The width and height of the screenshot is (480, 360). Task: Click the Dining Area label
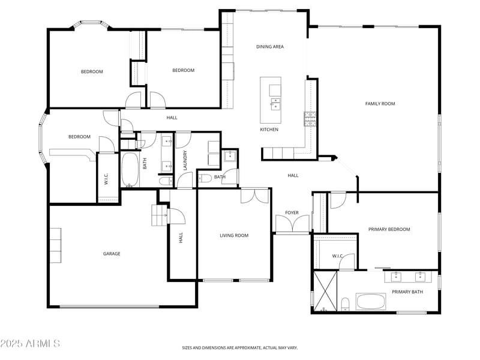pos(270,47)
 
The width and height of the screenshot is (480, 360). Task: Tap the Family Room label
pos(380,104)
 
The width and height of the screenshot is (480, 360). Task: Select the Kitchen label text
pos(269,130)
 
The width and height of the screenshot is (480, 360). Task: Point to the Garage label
pos(112,254)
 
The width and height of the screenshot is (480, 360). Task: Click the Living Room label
pos(234,236)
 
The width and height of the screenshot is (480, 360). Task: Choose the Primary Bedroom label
pos(389,229)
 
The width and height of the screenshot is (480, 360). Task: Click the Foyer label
pos(292,212)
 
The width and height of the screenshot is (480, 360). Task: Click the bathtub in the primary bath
pos(371,301)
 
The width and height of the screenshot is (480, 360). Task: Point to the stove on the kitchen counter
pos(310,119)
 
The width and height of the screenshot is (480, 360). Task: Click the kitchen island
pos(271,98)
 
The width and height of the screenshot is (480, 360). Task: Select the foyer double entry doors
pos(292,224)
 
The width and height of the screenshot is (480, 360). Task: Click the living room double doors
pos(255,196)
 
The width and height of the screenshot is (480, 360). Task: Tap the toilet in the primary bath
pos(346,304)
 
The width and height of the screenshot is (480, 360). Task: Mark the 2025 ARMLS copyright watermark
pos(30,344)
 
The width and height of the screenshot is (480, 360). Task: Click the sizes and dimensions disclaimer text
pos(240,347)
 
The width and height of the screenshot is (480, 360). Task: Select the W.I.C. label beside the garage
pos(106,179)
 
